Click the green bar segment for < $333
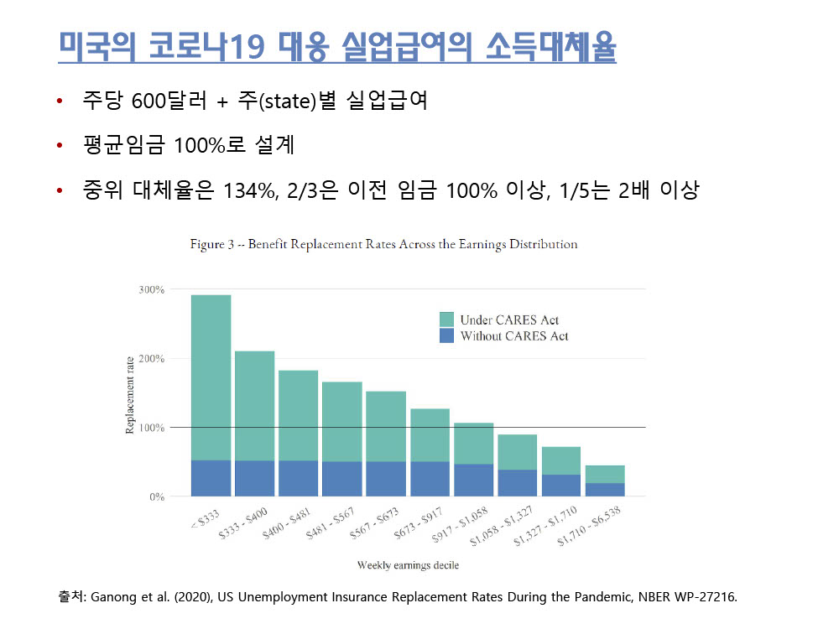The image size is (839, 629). click(211, 377)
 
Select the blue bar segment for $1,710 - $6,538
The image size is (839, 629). click(604, 489)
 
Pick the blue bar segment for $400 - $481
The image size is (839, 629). click(298, 478)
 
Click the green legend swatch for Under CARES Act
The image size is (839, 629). click(446, 320)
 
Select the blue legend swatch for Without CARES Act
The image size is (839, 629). click(446, 335)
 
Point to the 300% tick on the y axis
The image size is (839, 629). click(151, 289)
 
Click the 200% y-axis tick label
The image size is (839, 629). click(151, 359)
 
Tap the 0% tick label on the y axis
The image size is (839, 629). click(155, 496)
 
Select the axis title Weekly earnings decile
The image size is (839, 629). click(408, 565)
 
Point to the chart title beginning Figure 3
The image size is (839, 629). click(383, 245)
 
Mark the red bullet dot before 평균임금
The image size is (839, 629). click(60, 147)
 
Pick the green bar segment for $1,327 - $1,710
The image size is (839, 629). click(560, 460)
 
